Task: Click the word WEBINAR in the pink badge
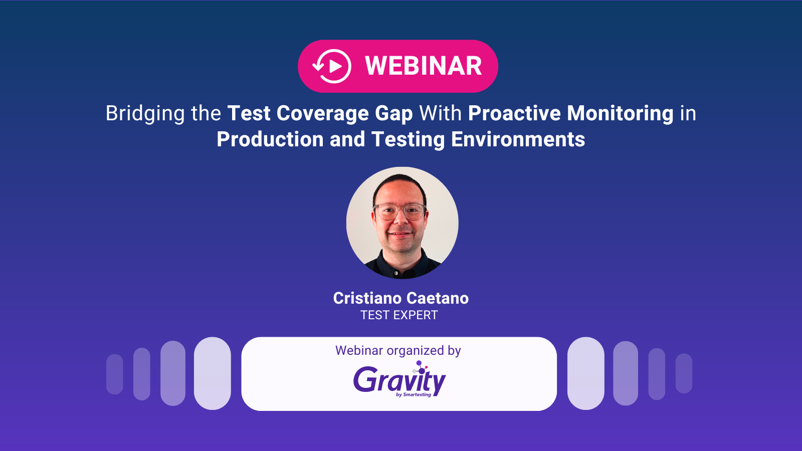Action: click(x=423, y=66)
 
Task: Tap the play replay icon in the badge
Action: click(x=332, y=66)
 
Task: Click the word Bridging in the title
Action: click(x=145, y=114)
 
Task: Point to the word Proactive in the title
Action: click(x=514, y=113)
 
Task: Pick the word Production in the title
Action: click(x=270, y=139)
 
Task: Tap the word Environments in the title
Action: click(x=518, y=139)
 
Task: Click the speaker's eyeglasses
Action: click(x=399, y=211)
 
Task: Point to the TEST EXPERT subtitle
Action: click(x=399, y=315)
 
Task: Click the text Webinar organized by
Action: click(x=398, y=350)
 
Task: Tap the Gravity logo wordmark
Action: click(x=399, y=380)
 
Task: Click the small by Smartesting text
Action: click(x=414, y=395)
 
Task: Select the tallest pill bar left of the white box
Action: click(x=212, y=373)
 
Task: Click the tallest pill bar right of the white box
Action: click(x=585, y=373)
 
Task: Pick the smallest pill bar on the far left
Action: click(x=115, y=374)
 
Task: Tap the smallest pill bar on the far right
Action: click(x=684, y=373)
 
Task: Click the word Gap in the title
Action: click(x=394, y=114)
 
